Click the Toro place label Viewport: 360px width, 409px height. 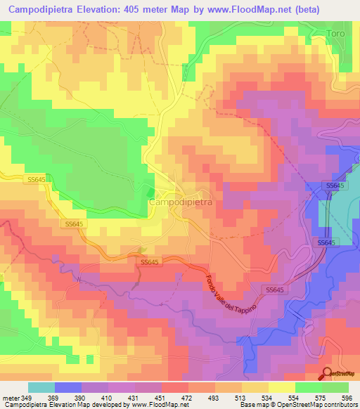click(337, 33)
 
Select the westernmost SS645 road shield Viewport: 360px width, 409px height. click(14, 181)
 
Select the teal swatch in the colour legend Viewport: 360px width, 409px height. click(41, 387)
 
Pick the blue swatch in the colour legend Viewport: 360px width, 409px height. click(68, 387)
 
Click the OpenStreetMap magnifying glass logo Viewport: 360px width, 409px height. click(327, 373)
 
